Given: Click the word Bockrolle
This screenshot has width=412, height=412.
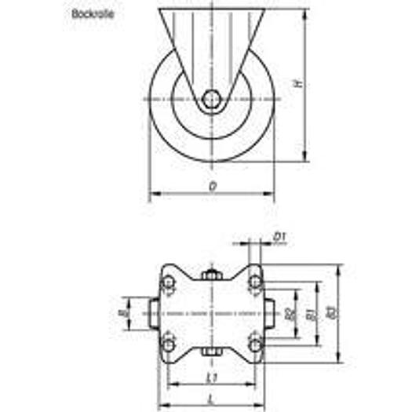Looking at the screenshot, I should point(93,14).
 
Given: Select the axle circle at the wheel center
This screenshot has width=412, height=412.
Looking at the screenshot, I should point(211,99).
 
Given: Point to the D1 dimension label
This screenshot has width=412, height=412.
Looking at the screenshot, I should point(279,235).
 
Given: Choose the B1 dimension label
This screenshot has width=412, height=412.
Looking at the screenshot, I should point(311,313).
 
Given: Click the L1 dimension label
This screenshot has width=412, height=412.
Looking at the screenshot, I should point(211,377).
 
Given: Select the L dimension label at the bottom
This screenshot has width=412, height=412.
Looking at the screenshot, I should point(211,398).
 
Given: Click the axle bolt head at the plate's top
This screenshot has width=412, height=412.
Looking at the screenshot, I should point(211,275).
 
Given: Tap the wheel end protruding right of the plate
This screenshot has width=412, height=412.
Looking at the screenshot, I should point(269,313).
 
